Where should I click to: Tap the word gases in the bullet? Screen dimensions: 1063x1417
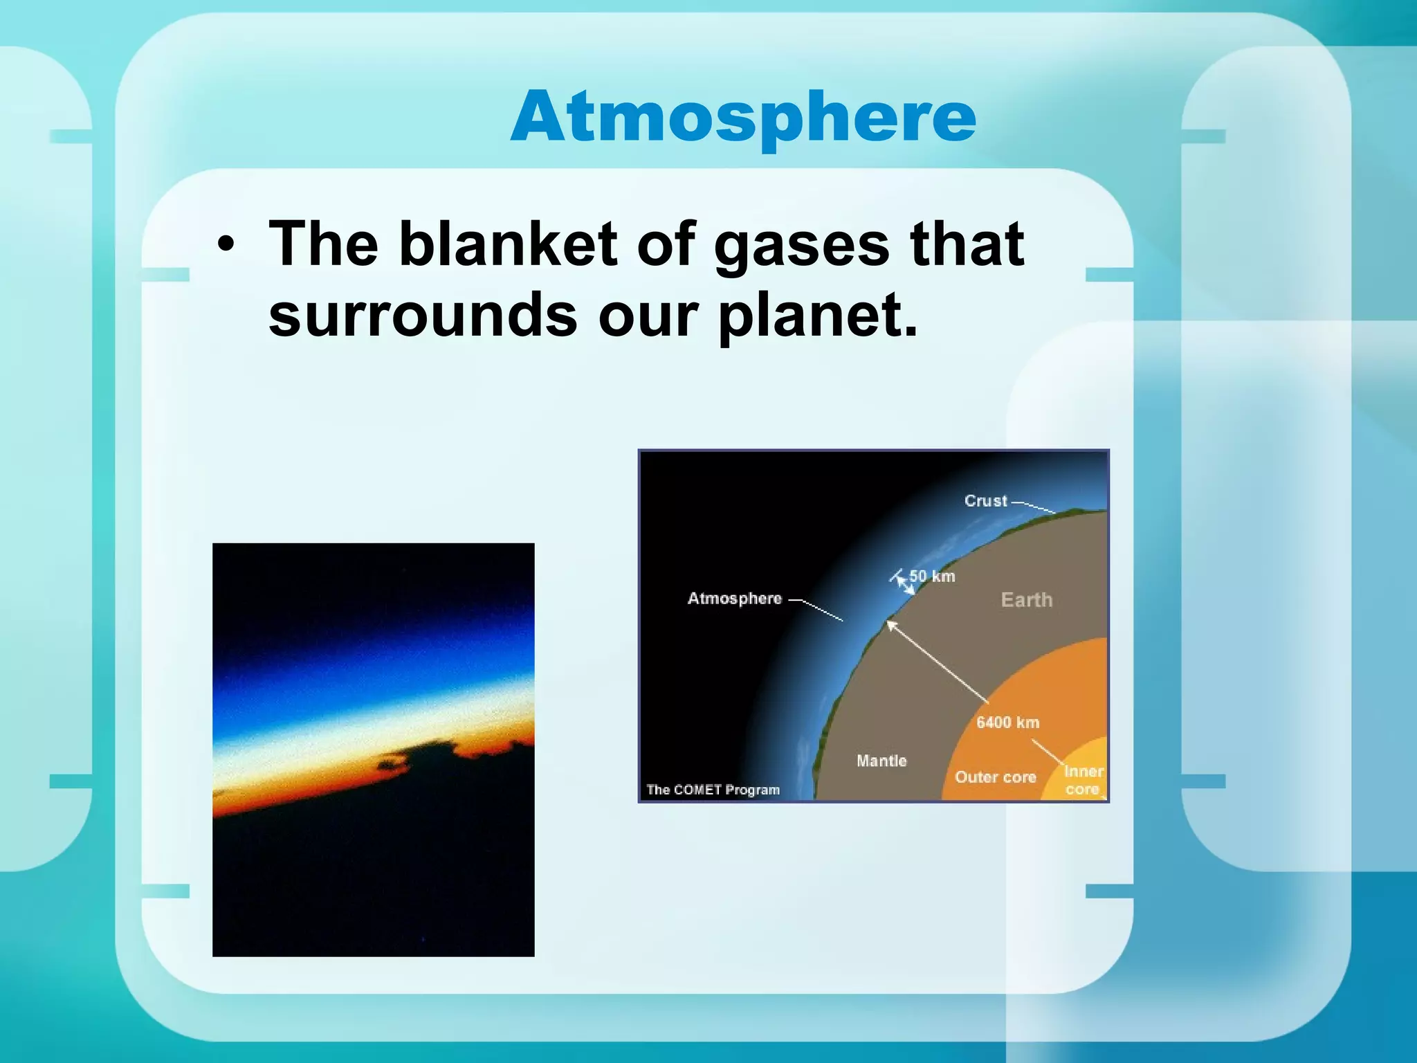pos(801,244)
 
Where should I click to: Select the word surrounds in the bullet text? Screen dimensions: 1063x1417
pos(423,315)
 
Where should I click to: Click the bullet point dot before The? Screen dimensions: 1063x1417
pos(225,245)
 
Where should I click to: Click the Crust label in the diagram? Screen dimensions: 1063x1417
pos(985,500)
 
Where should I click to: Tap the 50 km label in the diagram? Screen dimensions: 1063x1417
pos(932,576)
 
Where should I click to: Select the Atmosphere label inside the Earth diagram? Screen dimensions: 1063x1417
pos(734,599)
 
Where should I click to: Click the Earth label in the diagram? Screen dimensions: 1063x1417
pos(1027,599)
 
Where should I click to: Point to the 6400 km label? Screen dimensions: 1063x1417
pos(1007,723)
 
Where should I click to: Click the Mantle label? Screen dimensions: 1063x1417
pos(881,761)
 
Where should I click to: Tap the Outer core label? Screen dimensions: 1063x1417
pos(995,777)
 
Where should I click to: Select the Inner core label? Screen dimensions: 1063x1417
pos(1083,780)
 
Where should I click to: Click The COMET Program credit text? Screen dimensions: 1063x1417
pos(713,790)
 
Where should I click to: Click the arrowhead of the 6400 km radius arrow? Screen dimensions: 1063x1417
pos(890,624)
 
